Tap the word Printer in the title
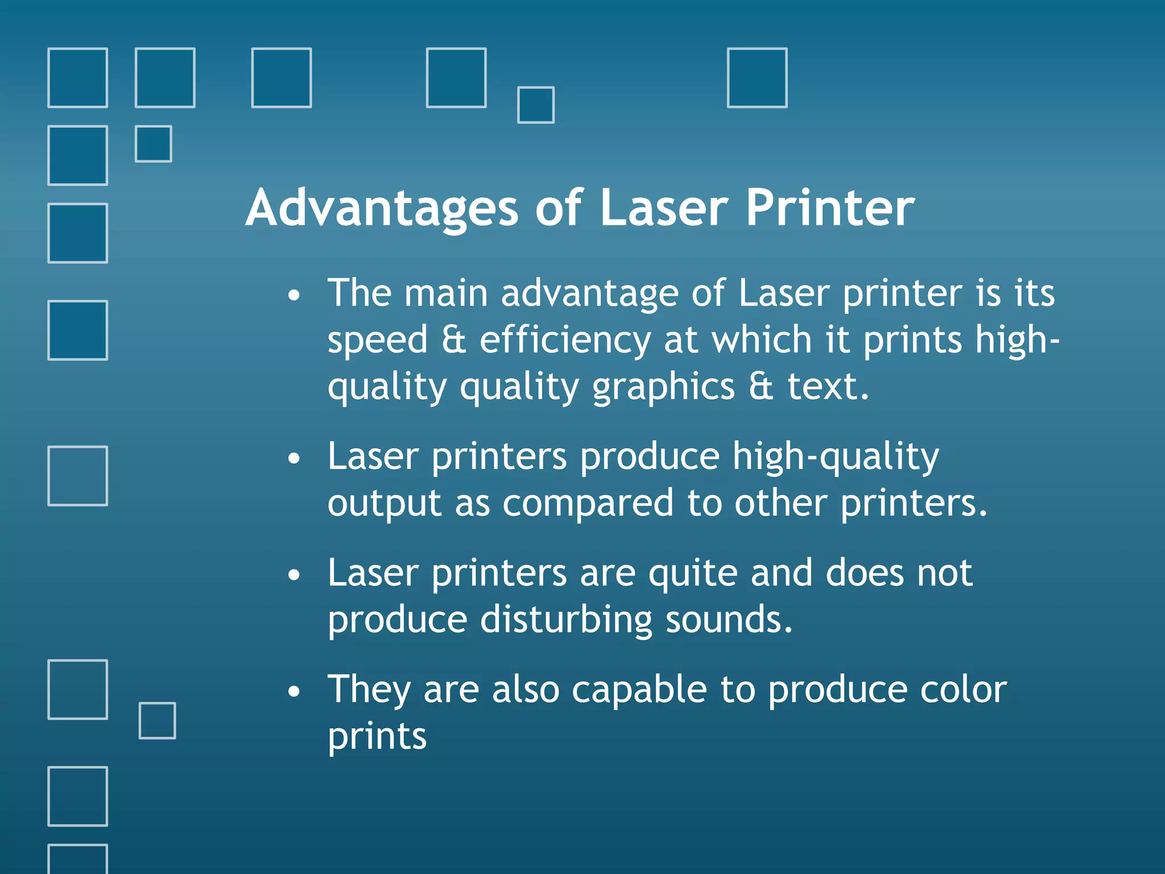(830, 208)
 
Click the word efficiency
(565, 340)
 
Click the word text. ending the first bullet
(828, 387)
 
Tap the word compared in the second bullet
(588, 504)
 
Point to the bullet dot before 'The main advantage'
(294, 296)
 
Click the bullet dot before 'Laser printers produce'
(294, 459)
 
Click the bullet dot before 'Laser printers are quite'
(294, 575)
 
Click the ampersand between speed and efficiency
(453, 340)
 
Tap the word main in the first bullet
(446, 294)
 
